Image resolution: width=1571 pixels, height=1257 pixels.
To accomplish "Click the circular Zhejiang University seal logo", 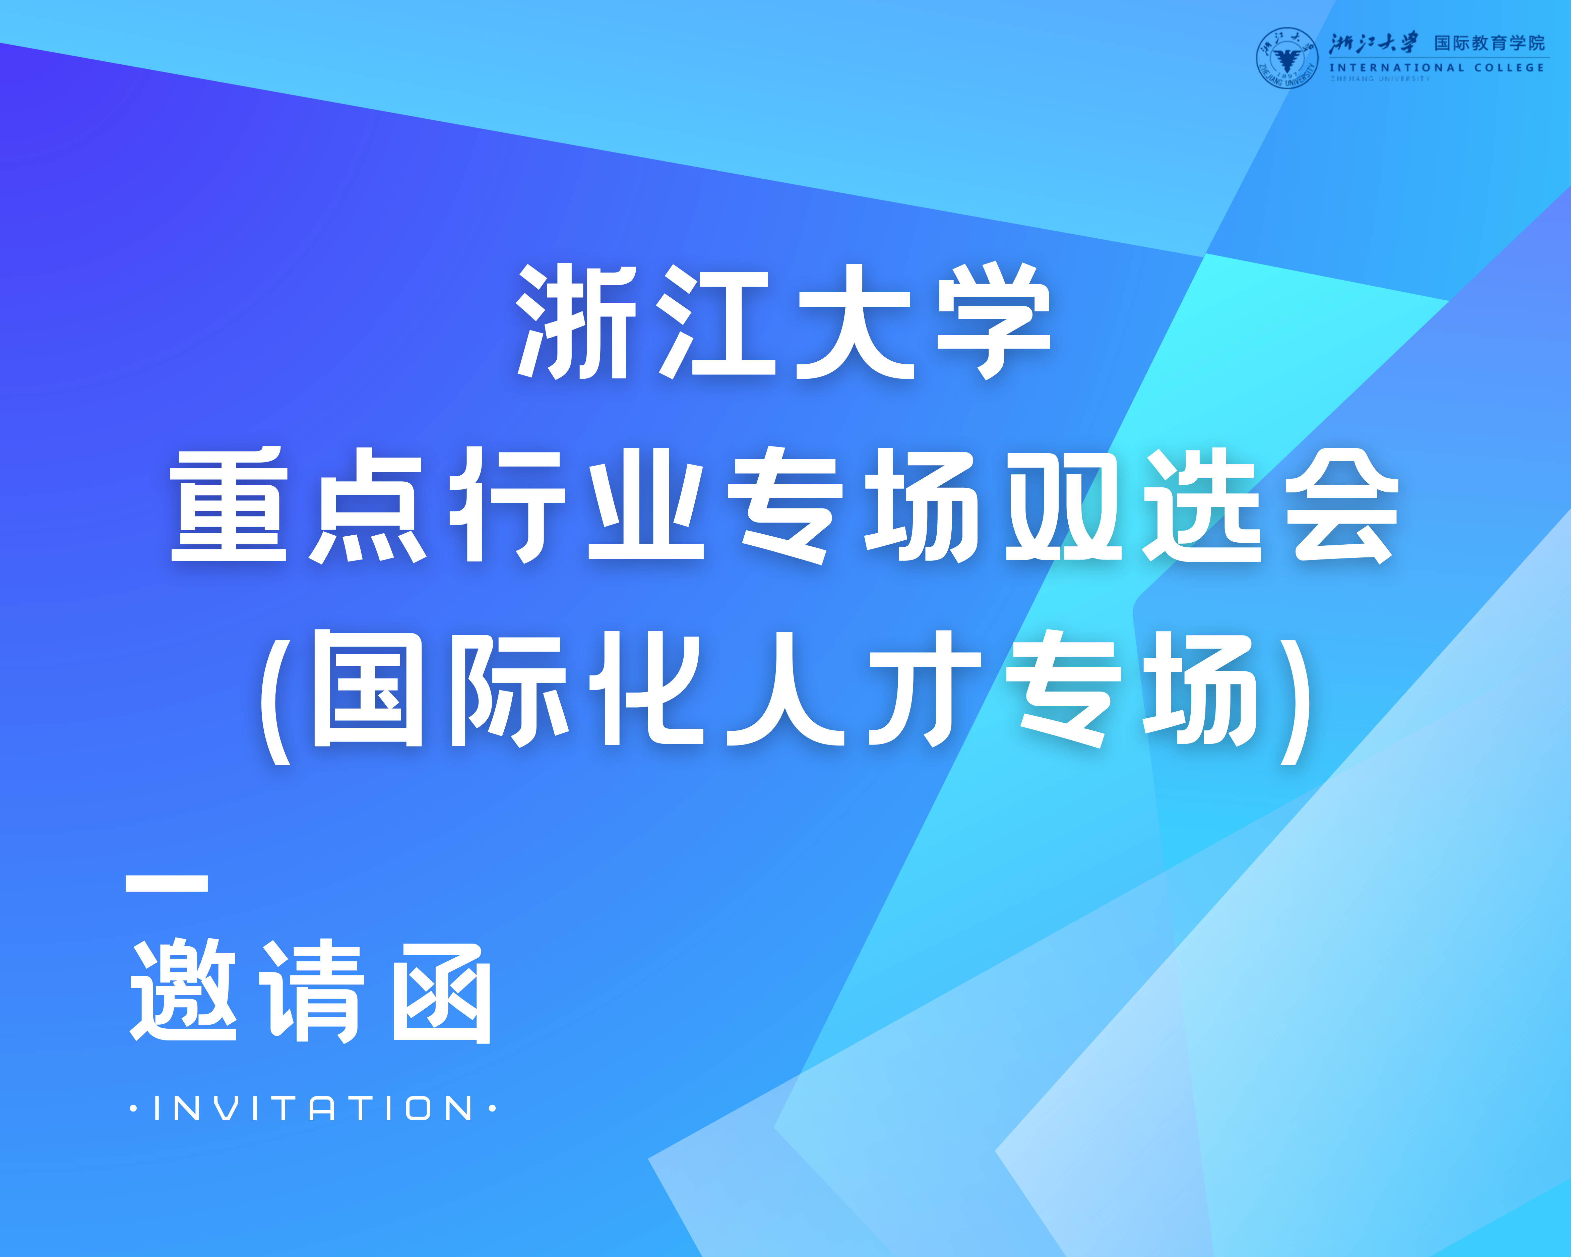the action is point(1287,58).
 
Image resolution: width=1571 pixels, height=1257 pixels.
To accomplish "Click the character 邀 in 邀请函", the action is point(183,991).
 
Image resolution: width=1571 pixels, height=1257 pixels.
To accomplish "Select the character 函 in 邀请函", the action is point(442,993).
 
